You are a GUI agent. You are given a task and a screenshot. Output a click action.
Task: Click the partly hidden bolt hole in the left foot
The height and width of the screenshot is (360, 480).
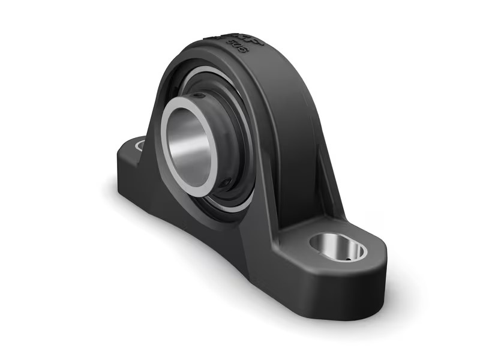[140, 145]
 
